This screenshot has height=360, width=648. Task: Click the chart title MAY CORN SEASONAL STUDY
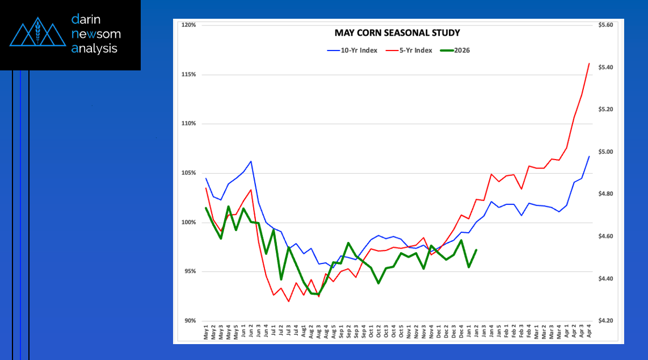(x=397, y=33)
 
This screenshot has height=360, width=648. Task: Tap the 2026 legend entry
(x=455, y=51)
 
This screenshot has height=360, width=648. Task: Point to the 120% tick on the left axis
(x=189, y=25)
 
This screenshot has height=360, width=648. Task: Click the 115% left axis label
(x=189, y=74)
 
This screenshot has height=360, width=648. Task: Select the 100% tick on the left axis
(x=189, y=222)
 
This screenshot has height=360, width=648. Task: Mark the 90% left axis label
(x=190, y=321)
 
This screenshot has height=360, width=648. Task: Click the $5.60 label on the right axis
(x=607, y=25)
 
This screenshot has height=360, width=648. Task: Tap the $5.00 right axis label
(x=607, y=152)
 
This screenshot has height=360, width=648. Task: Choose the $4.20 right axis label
(x=607, y=321)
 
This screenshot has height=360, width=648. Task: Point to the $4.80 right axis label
(x=607, y=194)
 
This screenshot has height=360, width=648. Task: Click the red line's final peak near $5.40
(x=590, y=64)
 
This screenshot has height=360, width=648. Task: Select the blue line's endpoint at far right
(x=590, y=156)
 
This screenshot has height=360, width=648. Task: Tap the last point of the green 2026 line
(x=476, y=250)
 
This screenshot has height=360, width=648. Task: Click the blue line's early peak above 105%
(x=251, y=161)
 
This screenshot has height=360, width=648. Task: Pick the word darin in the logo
(x=86, y=19)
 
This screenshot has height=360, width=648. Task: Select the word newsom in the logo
(x=96, y=34)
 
